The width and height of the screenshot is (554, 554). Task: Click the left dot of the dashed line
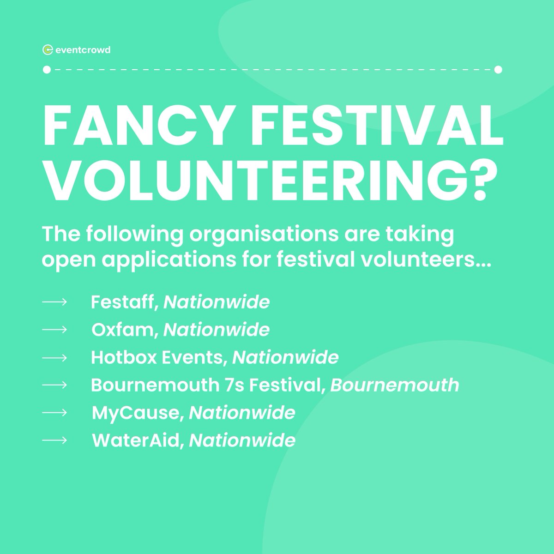pos(46,70)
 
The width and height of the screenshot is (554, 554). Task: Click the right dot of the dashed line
pos(498,70)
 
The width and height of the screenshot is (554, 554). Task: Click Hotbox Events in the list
pos(159,357)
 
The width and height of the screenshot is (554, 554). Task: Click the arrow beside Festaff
pos(54,302)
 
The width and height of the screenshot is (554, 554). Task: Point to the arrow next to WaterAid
pos(54,440)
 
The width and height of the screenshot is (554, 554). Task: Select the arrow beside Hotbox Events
pos(54,357)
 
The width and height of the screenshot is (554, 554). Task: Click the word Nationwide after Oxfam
pos(217,330)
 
